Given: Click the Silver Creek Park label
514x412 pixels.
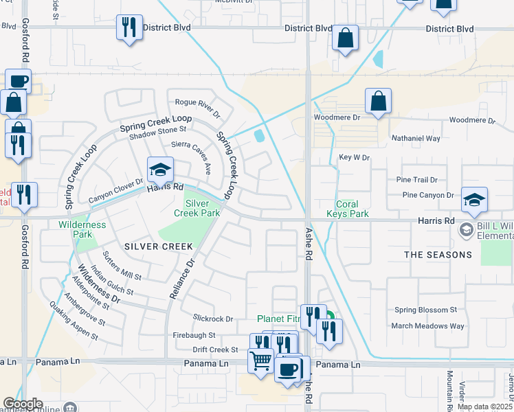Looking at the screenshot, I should [202, 209].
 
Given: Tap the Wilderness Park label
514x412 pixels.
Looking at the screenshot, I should [82, 229].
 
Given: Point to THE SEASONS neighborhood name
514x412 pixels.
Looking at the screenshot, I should [438, 255].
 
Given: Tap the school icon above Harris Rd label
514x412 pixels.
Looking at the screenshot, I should [160, 169].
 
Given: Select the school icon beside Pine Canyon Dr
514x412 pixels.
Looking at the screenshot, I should [474, 200].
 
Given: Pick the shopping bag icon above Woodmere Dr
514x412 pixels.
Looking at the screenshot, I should [378, 102].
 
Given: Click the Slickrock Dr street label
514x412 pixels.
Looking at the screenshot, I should [214, 319].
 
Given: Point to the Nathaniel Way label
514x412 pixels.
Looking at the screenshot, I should [415, 138].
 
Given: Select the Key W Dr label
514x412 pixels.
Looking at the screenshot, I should [355, 157].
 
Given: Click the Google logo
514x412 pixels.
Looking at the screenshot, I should [23, 404].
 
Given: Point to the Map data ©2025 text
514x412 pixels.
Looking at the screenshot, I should [484, 407].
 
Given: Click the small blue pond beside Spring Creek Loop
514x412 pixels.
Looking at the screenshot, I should [260, 136].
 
